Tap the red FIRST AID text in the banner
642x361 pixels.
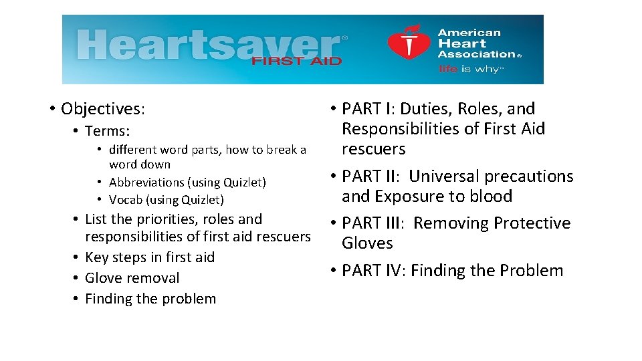tap(296, 61)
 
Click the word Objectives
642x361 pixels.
tap(102, 108)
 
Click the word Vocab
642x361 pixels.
tap(125, 200)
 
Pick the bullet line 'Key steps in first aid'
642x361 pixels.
tap(150, 257)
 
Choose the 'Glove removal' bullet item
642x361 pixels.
tap(132, 278)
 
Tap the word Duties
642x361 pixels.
tap(429, 108)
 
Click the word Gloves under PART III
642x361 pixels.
tap(367, 243)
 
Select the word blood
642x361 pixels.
tap(490, 197)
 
